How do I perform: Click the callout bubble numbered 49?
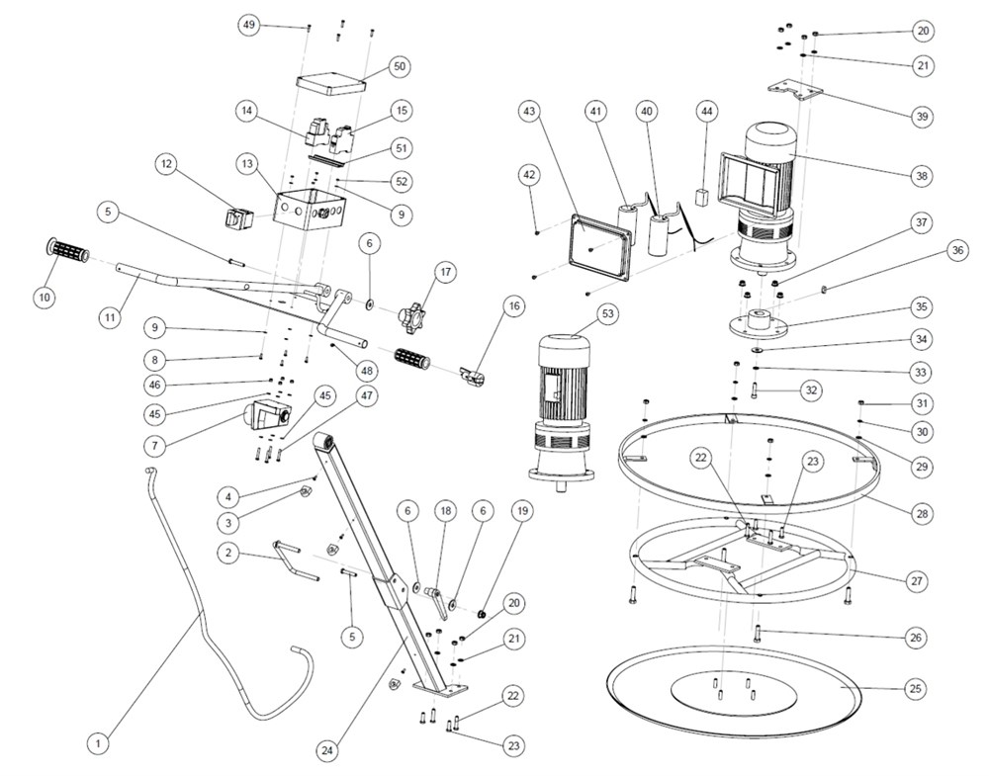(250, 25)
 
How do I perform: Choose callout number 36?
(929, 251)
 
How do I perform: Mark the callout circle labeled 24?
(327, 750)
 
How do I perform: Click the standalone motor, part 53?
(561, 410)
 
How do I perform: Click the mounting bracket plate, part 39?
(796, 91)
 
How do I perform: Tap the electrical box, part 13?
(310, 209)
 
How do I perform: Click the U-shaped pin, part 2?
(295, 558)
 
